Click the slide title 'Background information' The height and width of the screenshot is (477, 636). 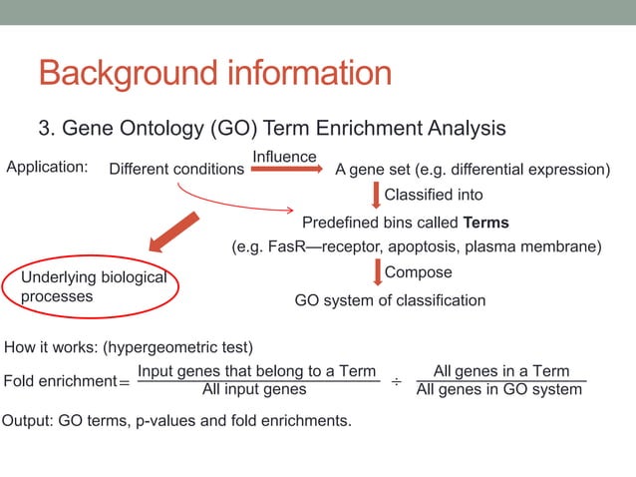214,74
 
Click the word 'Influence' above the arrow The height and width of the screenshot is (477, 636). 284,157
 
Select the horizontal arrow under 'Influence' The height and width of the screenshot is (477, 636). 286,170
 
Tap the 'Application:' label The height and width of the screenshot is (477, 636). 47,167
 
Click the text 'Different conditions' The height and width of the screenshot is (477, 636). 175,170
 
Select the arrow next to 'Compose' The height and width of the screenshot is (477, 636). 376,273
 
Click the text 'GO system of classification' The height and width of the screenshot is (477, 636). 390,300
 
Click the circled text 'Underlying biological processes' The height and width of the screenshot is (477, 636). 93,286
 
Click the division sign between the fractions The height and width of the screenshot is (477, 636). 396,381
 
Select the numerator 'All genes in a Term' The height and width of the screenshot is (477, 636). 501,371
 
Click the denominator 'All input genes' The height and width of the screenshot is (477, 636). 254,389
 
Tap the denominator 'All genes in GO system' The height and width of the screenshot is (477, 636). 499,389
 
